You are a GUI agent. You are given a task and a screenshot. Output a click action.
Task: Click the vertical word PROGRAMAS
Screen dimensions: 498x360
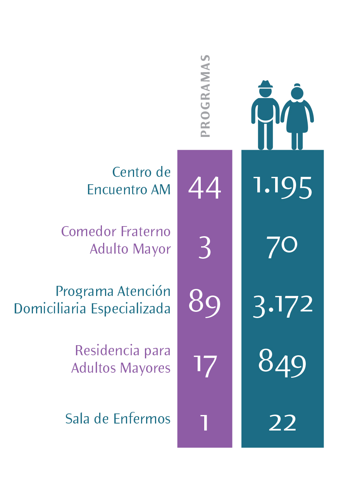click(x=205, y=96)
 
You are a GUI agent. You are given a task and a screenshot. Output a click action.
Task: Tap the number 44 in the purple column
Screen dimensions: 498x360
click(x=205, y=188)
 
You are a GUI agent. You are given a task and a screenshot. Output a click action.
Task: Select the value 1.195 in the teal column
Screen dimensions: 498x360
click(x=282, y=188)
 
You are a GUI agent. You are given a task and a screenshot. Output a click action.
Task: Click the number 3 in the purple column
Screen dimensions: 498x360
click(x=205, y=248)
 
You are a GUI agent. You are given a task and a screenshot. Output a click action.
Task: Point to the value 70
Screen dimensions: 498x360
click(x=282, y=247)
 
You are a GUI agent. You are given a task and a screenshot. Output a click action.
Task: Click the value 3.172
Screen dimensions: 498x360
click(x=282, y=305)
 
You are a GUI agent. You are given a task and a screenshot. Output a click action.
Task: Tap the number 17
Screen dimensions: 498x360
click(x=205, y=365)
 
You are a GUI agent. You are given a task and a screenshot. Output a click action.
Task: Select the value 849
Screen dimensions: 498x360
click(x=282, y=364)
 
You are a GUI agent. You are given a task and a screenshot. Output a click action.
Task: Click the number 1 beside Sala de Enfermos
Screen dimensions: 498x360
click(x=205, y=423)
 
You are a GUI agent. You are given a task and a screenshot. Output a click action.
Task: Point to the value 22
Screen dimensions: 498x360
click(x=282, y=423)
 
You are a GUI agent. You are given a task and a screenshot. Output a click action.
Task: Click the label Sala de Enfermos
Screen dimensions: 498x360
click(x=118, y=419)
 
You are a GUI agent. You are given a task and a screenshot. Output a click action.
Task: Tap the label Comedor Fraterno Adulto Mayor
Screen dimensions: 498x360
click(x=116, y=240)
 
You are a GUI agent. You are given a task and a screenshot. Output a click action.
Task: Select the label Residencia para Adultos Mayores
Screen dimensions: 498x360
click(x=121, y=359)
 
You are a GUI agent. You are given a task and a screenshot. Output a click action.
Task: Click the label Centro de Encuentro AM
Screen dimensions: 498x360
click(x=129, y=180)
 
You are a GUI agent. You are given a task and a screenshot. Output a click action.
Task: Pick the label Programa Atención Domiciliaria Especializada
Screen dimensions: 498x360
click(x=93, y=299)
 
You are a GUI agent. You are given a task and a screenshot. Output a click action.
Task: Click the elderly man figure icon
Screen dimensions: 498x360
click(x=265, y=116)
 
